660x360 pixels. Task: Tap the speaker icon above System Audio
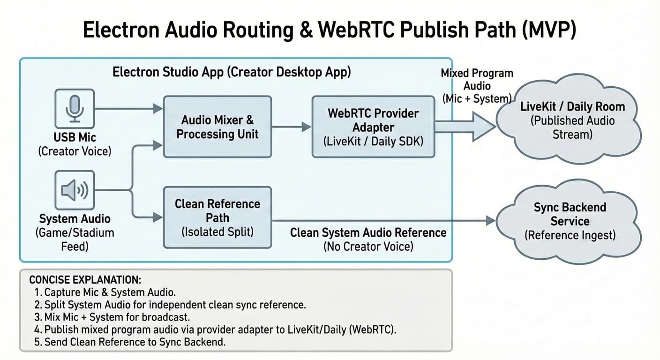point(75,190)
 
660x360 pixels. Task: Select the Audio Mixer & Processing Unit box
point(217,127)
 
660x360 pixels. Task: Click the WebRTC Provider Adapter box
point(373,127)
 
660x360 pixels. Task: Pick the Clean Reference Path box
point(217,217)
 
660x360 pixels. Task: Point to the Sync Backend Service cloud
point(569,221)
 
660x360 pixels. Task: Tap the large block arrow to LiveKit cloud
point(464,126)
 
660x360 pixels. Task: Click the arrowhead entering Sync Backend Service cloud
point(490,220)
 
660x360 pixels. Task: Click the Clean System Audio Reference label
point(368,232)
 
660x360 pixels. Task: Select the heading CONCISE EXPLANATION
point(85,280)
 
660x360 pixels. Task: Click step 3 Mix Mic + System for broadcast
point(112,317)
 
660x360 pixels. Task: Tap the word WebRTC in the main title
point(359,31)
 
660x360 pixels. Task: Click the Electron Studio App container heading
point(232,72)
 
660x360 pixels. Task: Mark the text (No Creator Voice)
point(368,246)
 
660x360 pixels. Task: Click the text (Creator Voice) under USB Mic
point(75,151)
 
